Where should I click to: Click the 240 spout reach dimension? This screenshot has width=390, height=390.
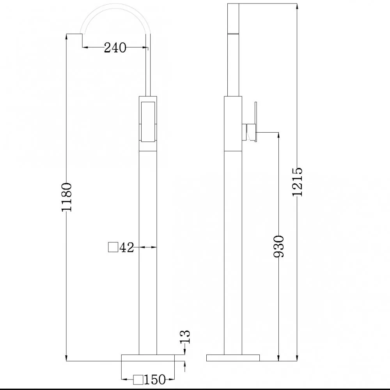(x=115, y=47)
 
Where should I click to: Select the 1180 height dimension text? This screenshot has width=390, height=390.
(x=67, y=197)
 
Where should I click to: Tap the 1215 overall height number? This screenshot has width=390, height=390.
(x=298, y=182)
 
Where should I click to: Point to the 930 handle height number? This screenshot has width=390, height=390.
(x=278, y=246)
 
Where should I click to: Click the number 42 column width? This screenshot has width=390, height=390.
(x=127, y=248)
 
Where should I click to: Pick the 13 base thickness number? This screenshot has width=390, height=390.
(x=186, y=337)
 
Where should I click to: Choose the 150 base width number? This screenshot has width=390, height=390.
(x=155, y=379)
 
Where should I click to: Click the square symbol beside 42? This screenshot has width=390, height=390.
(x=113, y=247)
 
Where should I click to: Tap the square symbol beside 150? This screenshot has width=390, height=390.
(x=138, y=380)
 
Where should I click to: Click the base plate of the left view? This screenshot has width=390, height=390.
(x=148, y=358)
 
